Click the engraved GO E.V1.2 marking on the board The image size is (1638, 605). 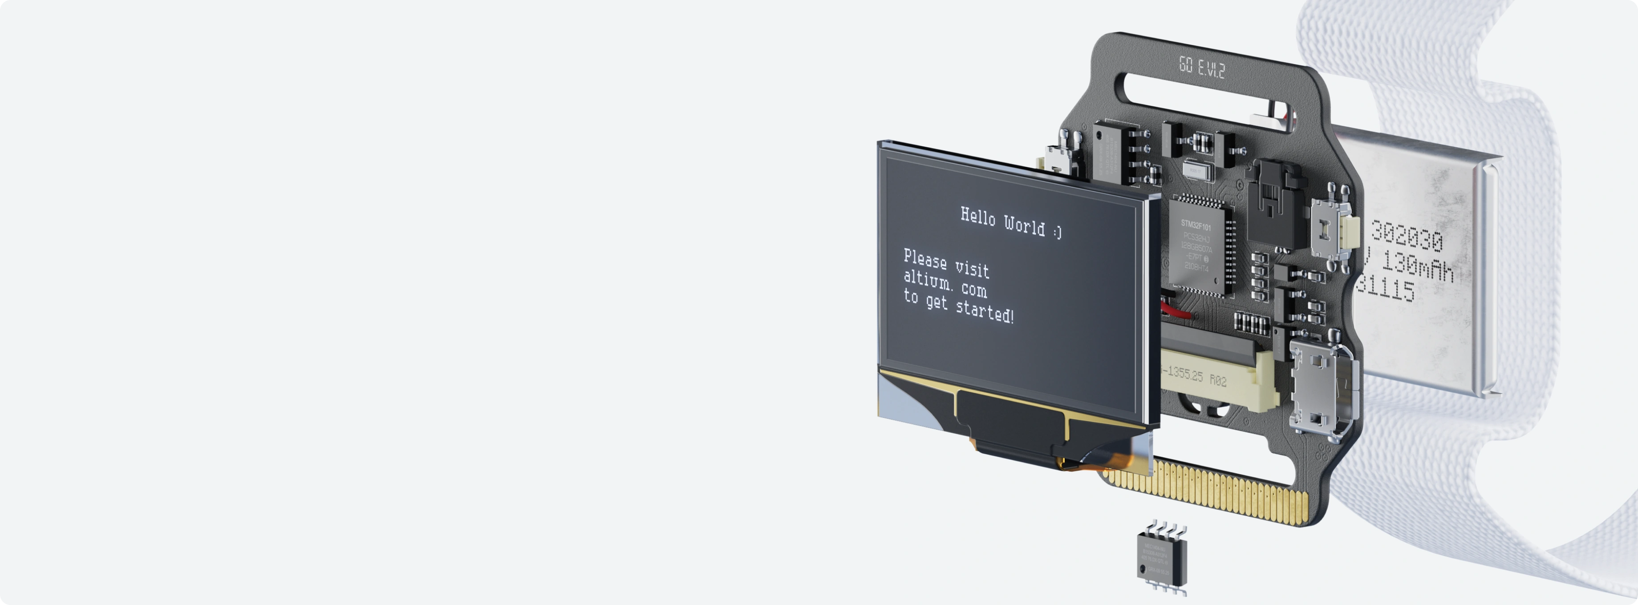1201,67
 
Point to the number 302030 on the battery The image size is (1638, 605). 1406,236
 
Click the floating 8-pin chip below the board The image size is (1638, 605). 1161,559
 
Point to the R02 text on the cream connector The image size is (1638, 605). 1218,380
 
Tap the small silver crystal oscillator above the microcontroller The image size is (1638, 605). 1194,171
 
